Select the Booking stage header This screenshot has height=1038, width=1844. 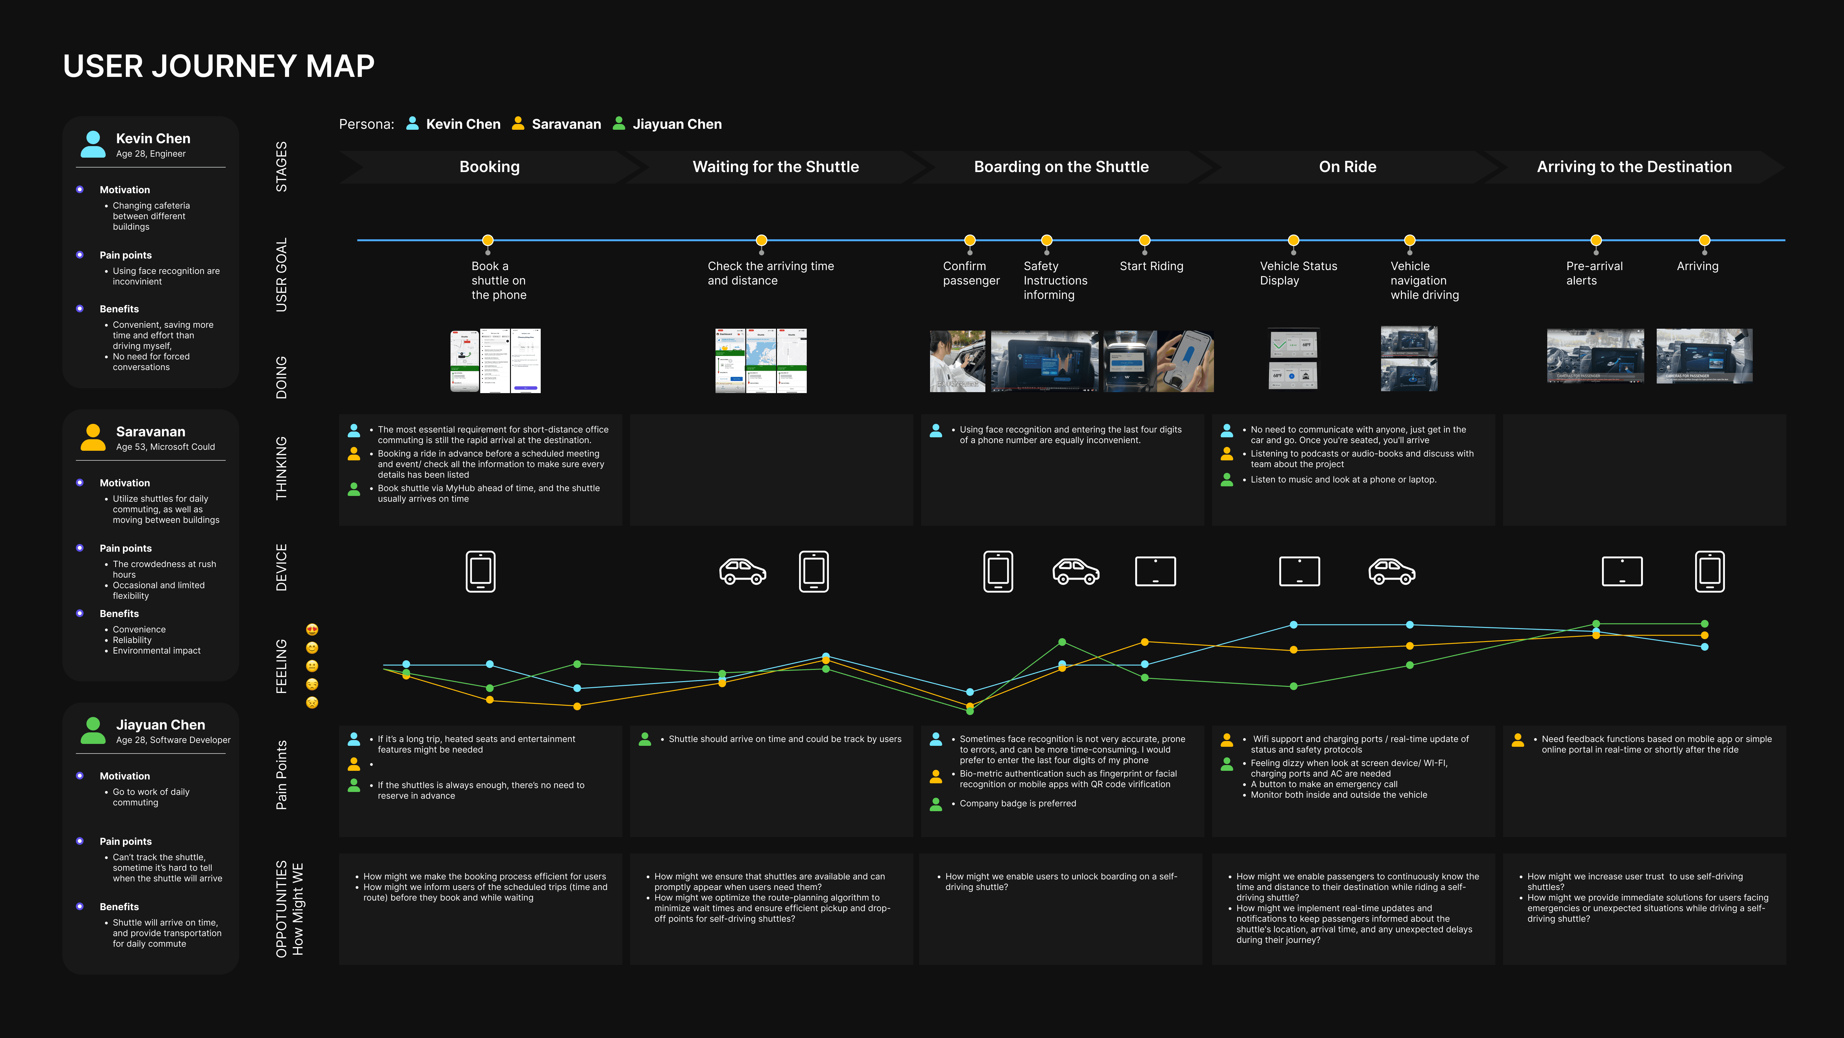(x=489, y=167)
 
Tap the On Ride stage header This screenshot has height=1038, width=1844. (x=1347, y=167)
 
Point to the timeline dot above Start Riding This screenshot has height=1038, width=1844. (x=1144, y=240)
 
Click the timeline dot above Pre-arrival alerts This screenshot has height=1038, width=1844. (x=1596, y=240)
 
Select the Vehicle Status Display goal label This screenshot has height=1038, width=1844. (x=1298, y=273)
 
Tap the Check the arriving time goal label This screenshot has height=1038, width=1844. (x=770, y=273)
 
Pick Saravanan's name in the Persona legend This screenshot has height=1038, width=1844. (x=566, y=124)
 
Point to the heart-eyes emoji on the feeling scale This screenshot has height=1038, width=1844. (x=312, y=630)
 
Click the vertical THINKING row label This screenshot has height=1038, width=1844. (x=281, y=468)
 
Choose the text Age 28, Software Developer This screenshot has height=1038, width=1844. (x=173, y=740)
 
